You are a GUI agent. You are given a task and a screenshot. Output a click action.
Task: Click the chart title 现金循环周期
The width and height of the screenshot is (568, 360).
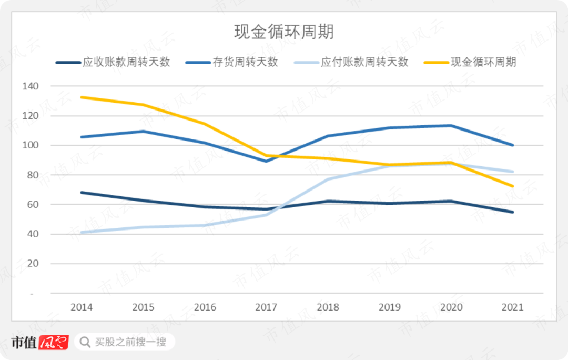pos(283,32)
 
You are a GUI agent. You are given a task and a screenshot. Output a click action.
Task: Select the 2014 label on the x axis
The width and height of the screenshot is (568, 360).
pos(81,307)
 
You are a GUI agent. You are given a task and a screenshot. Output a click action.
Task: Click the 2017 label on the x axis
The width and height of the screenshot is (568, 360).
pos(266,307)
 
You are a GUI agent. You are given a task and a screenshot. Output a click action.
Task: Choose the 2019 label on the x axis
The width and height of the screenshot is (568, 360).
pos(390,307)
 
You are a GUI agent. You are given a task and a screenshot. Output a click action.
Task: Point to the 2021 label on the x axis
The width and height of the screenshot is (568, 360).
pos(513,307)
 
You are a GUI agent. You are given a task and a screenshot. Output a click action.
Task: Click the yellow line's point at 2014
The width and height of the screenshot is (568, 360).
pos(81,97)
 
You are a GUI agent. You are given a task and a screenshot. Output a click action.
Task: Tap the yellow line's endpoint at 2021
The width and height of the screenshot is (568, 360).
pos(513,186)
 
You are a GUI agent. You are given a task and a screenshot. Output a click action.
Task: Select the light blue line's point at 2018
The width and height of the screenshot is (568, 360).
pos(328,179)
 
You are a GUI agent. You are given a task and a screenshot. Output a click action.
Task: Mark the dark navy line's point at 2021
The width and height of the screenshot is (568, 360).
pos(513,212)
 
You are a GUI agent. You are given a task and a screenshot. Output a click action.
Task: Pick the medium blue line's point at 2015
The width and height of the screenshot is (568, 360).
pos(143,131)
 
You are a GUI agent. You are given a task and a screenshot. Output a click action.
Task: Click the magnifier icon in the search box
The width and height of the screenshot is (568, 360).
pos(84,342)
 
